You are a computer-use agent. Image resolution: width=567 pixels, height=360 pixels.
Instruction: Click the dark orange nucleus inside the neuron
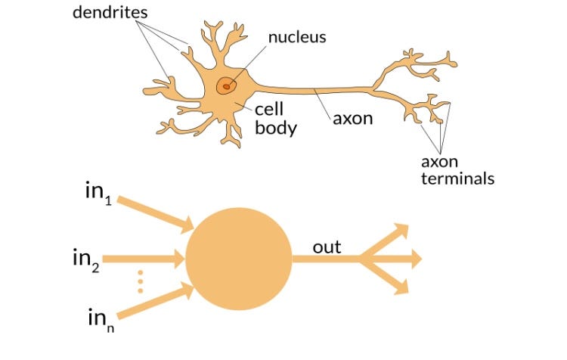(x=225, y=86)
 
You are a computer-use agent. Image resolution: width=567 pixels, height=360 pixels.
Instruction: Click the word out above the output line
(x=327, y=247)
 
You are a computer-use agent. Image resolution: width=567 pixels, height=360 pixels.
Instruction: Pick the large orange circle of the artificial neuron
(x=238, y=258)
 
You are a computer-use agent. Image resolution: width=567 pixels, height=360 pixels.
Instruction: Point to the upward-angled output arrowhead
(x=400, y=231)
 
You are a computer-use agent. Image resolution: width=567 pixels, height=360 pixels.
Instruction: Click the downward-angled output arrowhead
(x=400, y=286)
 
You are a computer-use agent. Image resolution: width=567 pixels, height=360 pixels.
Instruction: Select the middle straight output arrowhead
(x=413, y=259)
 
